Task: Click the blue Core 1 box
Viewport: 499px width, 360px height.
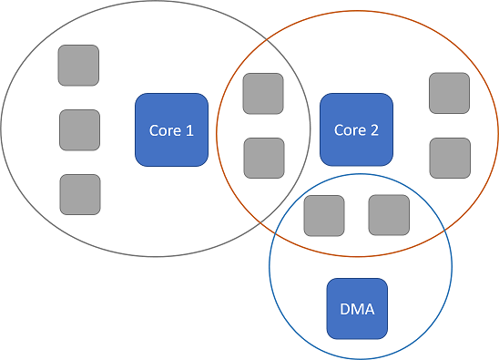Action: coord(172,130)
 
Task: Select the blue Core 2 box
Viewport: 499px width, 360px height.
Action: coord(356,130)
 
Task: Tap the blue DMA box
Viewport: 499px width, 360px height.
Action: coord(357,308)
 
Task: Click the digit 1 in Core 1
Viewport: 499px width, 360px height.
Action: coord(189,130)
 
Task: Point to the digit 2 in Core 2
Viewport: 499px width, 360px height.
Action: coord(374,130)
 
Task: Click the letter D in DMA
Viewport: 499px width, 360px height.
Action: coord(345,308)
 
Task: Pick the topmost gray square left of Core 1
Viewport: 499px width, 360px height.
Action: coord(78,66)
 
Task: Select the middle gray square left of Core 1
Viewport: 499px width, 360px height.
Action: coord(79,129)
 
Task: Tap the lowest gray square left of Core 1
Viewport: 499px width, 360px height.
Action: coord(80,194)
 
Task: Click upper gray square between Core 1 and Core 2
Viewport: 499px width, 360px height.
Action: coord(263,94)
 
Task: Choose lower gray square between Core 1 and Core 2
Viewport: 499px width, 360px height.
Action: coord(264,158)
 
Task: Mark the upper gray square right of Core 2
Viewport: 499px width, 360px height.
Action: coord(449,93)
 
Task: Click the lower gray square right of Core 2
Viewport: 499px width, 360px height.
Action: coord(450,158)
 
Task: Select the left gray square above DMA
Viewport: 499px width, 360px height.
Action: coord(323,215)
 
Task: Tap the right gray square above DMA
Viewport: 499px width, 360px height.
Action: coord(389,215)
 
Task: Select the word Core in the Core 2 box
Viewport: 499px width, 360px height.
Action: coord(350,130)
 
